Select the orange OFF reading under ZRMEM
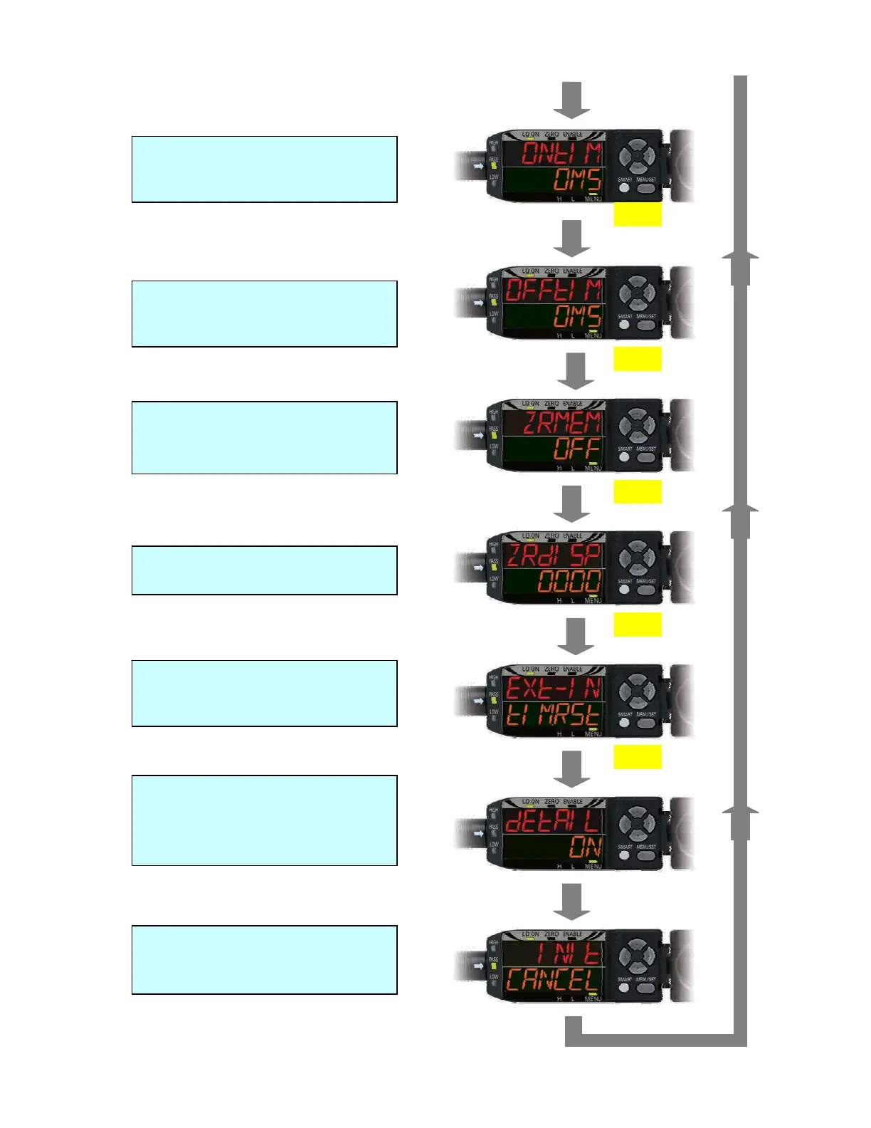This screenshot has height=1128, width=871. [577, 449]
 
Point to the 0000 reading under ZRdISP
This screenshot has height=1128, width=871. [569, 582]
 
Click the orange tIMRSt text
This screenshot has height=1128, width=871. [554, 715]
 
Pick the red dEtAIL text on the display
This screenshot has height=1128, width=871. [554, 821]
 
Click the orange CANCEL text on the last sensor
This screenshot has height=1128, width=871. [553, 981]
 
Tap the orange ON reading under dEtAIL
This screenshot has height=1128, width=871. [585, 847]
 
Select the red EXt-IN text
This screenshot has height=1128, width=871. [554, 689]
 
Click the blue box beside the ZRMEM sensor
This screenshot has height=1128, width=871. [264, 437]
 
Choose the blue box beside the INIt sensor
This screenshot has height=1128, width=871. [264, 959]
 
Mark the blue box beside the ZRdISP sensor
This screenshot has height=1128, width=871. [264, 570]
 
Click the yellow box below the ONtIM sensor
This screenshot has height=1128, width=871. [638, 214]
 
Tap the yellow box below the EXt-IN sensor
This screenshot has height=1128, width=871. [638, 756]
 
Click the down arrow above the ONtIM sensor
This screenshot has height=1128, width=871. [571, 100]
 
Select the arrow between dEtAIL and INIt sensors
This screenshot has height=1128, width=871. [571, 902]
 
